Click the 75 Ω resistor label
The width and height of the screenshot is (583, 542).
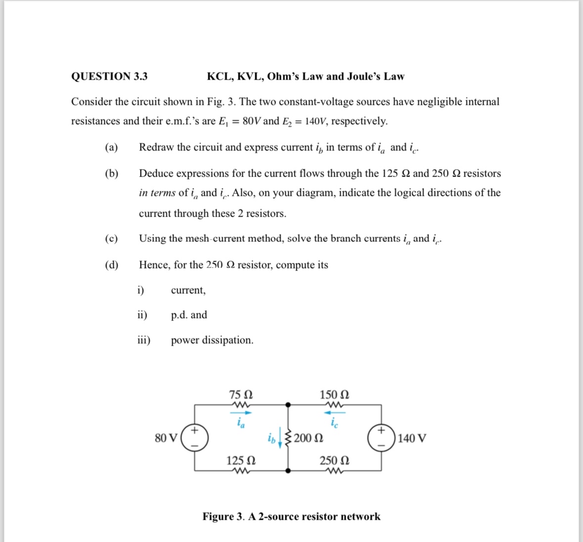[241, 395]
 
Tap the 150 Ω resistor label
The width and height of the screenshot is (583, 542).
[334, 395]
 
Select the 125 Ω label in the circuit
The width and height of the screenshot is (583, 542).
[240, 460]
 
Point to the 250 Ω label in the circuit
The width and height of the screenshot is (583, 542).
[334, 460]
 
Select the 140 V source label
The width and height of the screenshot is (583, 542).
[412, 438]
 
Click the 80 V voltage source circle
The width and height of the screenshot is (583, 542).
[195, 438]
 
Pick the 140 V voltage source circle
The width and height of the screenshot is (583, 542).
[381, 438]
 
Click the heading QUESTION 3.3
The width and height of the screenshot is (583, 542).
[109, 77]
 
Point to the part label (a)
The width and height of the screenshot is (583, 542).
[111, 147]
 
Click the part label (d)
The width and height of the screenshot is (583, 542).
[111, 265]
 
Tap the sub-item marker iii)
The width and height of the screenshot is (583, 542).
[144, 340]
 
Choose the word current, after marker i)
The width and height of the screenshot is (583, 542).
[188, 290]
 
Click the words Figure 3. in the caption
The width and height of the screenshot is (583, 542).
[224, 517]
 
